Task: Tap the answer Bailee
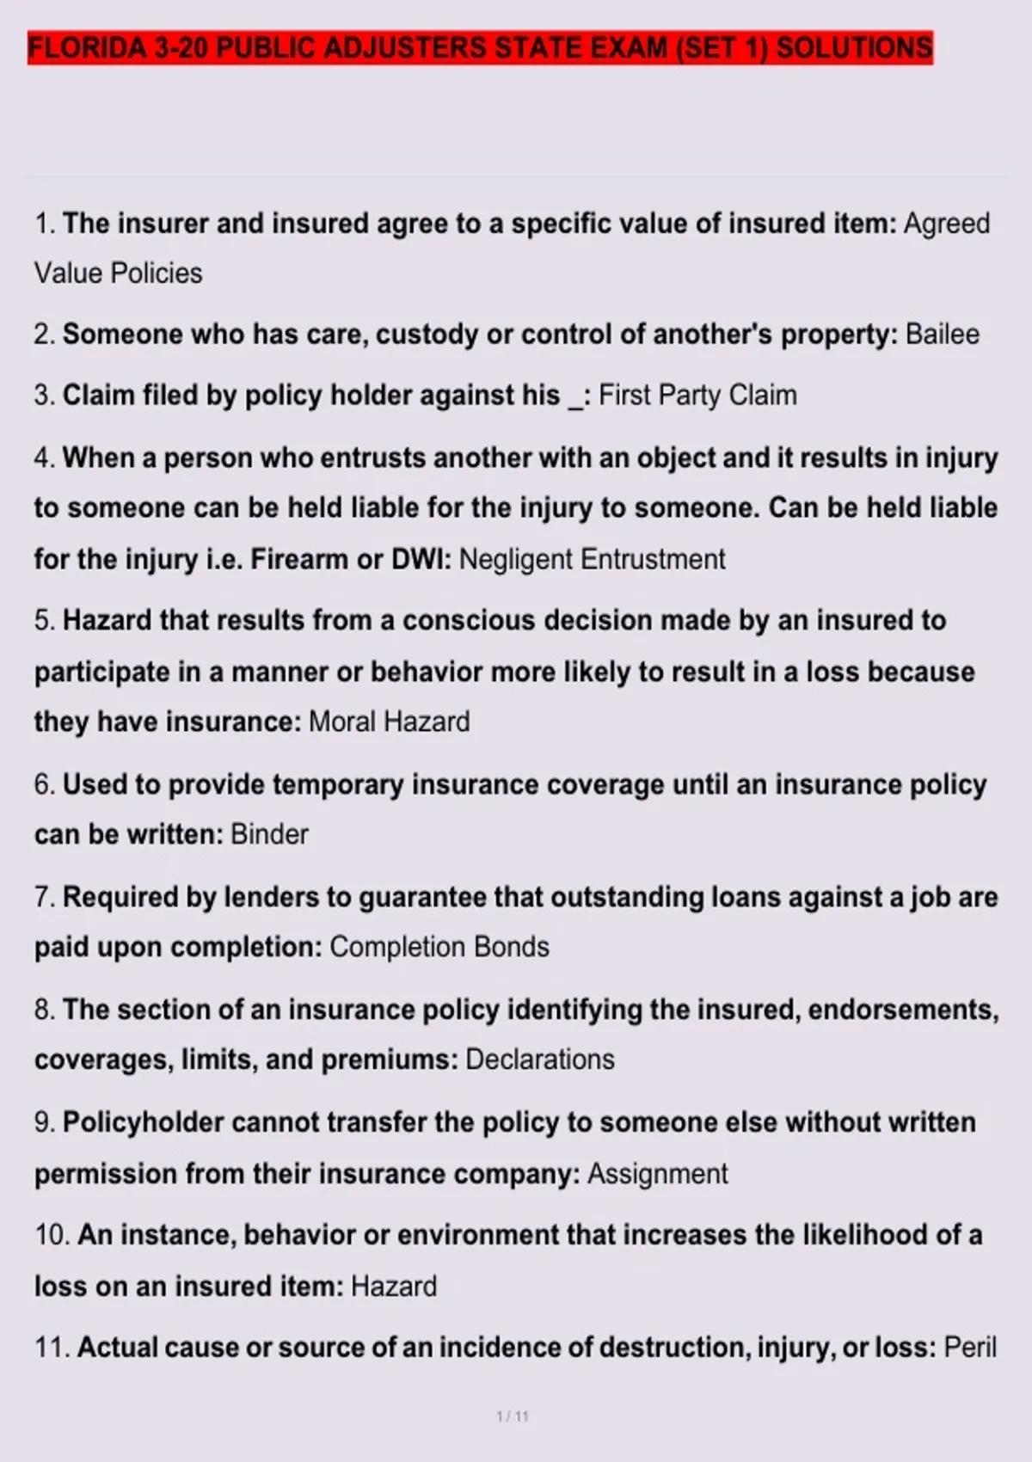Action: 942,335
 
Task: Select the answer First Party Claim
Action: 697,396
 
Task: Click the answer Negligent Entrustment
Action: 592,560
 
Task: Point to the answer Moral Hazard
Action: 389,722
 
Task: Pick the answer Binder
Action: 269,835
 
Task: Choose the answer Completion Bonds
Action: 439,948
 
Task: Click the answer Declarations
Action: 540,1060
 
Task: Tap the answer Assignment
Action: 657,1174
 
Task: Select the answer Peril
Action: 970,1348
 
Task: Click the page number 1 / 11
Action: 513,1416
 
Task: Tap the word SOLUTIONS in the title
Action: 854,48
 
